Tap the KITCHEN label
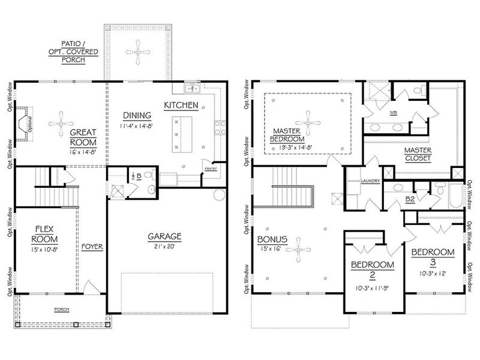coord(181,105)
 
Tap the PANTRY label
coord(210,169)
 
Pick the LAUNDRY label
coord(368,180)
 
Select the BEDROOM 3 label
coord(432,257)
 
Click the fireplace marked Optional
coord(25,123)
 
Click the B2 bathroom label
coord(410,199)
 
